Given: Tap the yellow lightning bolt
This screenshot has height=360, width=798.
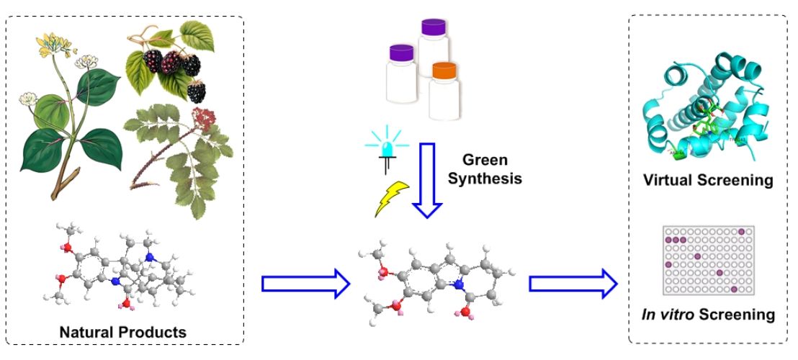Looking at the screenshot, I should point(392,199).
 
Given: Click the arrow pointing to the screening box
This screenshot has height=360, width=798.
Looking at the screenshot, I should point(573,284).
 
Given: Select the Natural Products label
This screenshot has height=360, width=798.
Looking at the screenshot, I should point(122,332).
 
